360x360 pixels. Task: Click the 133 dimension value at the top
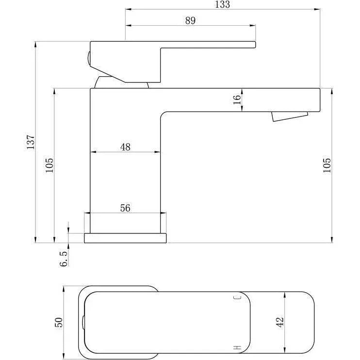222,4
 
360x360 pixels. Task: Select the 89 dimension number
190,21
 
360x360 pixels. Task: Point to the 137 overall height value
31,142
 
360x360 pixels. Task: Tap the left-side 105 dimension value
49,165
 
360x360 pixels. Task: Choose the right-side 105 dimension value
327,165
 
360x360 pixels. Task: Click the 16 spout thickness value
237,99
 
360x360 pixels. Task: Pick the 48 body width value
125,147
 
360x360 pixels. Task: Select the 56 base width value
125,208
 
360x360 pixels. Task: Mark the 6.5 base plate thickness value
64,259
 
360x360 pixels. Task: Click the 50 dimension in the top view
59,322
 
